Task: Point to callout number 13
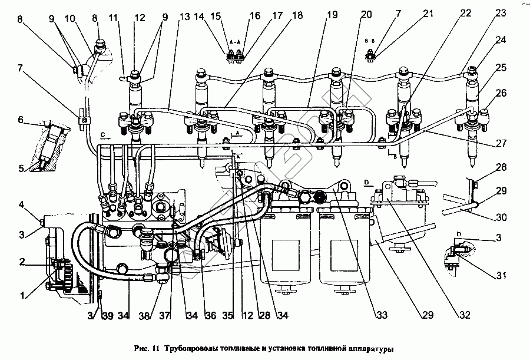pos(185,18)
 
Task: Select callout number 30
pos(501,217)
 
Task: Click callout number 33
pos(383,316)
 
